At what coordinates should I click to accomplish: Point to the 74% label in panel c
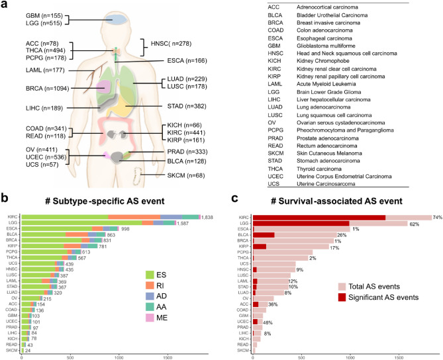click(437, 217)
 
